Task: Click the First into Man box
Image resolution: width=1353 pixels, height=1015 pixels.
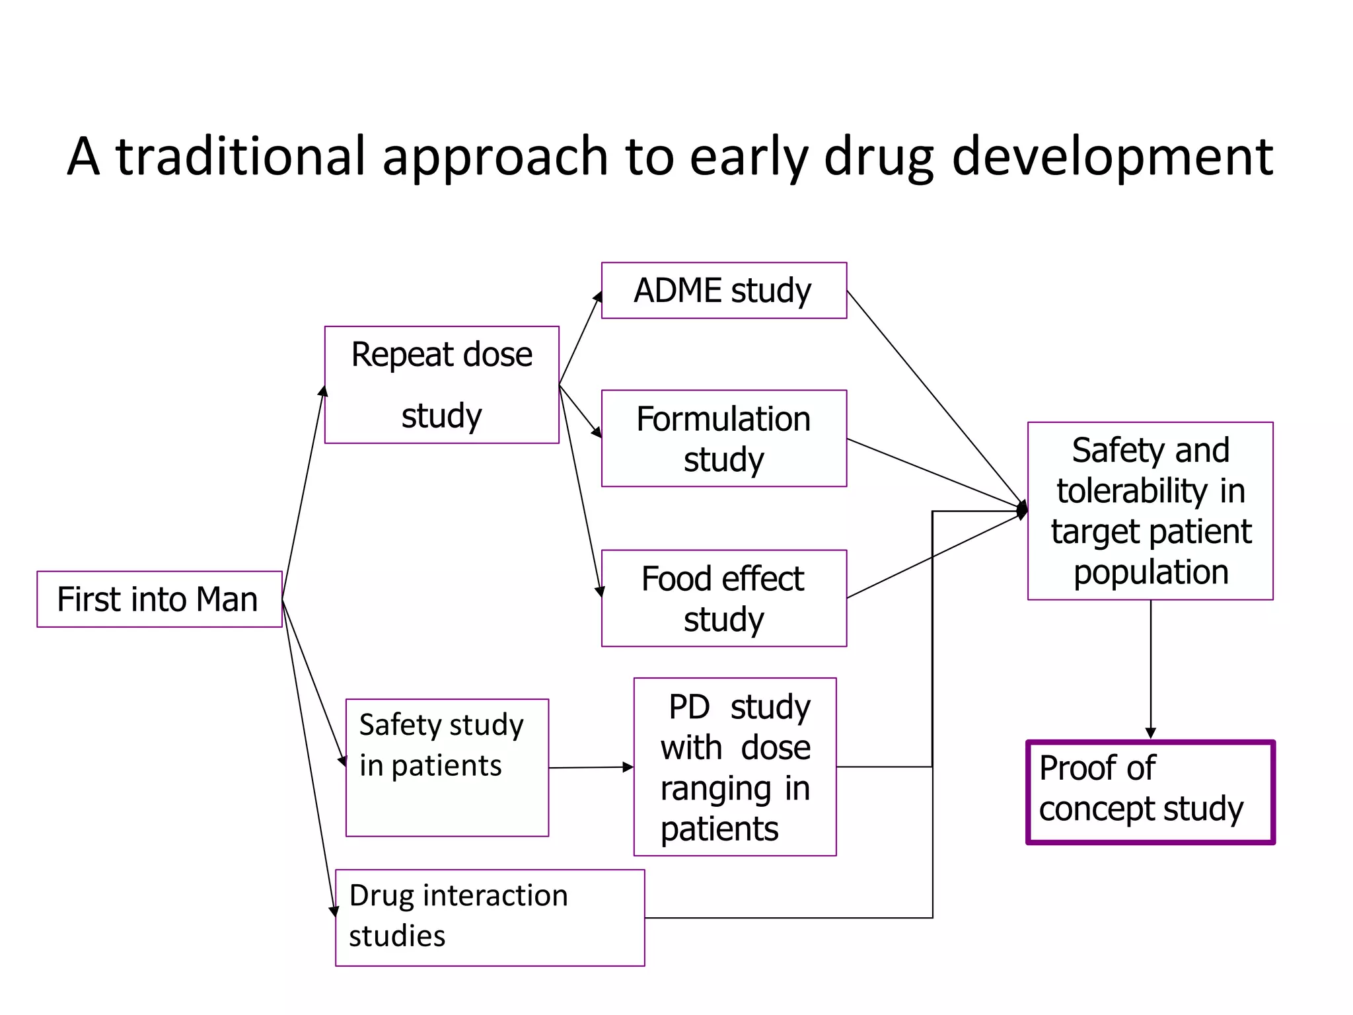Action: click(159, 599)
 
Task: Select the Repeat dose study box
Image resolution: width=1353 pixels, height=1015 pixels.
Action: click(441, 385)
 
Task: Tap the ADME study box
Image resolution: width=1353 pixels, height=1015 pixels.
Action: click(723, 291)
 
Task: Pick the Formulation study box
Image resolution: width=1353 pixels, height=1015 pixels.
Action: click(723, 438)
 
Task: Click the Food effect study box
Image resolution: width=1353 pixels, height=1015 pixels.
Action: click(723, 598)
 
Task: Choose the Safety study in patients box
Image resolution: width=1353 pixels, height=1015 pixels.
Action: click(447, 767)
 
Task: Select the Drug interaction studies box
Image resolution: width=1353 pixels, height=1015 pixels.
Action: click(490, 917)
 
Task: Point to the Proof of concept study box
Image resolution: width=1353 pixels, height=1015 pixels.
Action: click(1150, 792)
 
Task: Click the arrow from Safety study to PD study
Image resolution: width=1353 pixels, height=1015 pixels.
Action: click(591, 767)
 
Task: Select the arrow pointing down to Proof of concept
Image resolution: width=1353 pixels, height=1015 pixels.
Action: click(1150, 667)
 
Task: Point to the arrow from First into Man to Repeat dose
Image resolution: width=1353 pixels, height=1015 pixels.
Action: click(303, 492)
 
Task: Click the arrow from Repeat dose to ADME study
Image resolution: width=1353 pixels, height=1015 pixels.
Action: click(580, 338)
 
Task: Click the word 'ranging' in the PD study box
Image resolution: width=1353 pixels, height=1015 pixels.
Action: click(715, 789)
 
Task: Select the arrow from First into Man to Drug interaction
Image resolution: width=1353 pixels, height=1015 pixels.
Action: click(309, 760)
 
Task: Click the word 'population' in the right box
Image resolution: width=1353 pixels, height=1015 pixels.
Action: click(1150, 572)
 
